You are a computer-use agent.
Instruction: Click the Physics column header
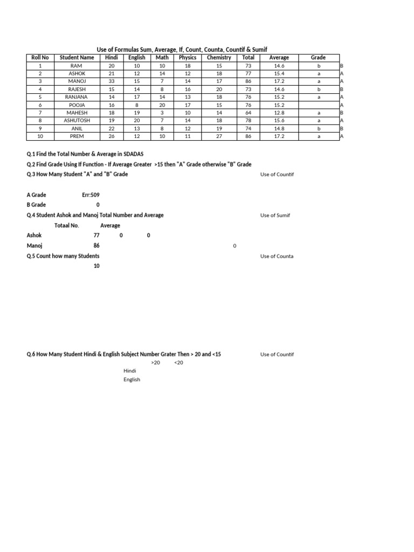tap(188, 58)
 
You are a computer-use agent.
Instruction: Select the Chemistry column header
tap(219, 58)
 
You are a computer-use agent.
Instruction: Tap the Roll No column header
tap(40, 58)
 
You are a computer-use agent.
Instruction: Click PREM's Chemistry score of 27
tap(219, 137)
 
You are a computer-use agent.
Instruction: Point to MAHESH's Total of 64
tap(249, 113)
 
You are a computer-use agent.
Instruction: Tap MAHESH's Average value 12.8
tap(279, 113)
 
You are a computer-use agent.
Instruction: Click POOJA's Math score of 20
tap(162, 105)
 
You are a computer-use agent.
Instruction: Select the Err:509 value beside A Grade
tap(91, 195)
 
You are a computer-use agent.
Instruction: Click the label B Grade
tap(36, 205)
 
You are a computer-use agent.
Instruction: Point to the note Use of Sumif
tap(275, 216)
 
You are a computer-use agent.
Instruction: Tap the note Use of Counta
tap(277, 257)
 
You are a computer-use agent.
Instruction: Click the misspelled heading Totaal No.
tap(67, 225)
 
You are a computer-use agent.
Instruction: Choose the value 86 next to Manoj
tap(96, 246)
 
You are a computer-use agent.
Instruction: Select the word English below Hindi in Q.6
tap(132, 379)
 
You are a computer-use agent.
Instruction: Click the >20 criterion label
tap(156, 363)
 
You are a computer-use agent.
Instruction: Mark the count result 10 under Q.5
tap(96, 266)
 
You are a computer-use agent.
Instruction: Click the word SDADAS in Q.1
tap(132, 154)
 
